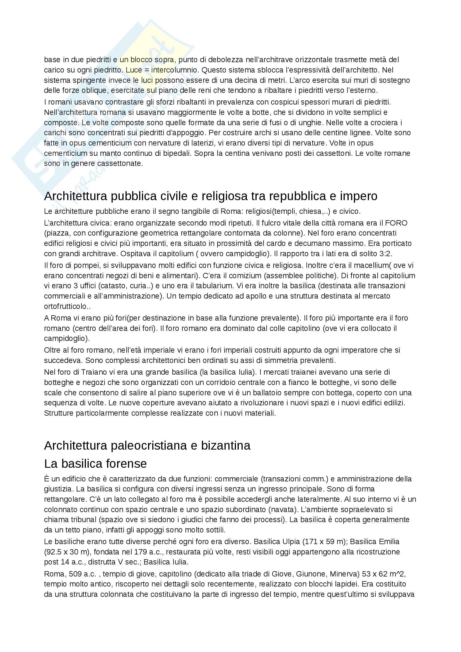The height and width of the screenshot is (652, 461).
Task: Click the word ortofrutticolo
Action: tap(65, 306)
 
